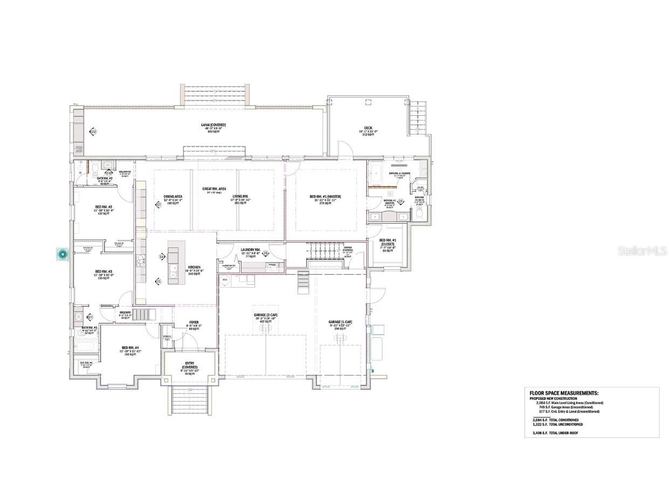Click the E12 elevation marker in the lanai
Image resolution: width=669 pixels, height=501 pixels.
point(93,131)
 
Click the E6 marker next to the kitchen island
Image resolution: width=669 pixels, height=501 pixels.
point(162,257)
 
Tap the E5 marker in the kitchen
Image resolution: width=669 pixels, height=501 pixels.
point(158,281)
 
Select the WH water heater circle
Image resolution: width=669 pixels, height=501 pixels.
point(225,280)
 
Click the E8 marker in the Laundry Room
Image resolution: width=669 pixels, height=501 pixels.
point(266,253)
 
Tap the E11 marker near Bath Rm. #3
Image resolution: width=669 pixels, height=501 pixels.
point(90,317)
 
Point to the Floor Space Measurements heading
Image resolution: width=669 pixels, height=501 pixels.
point(564,394)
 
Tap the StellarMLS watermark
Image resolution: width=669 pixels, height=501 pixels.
point(642,251)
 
